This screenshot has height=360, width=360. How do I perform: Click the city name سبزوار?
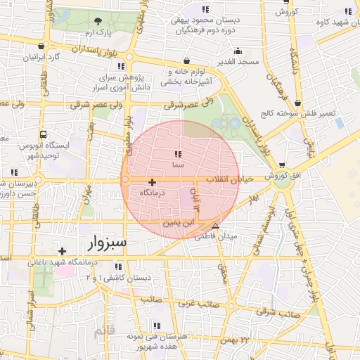[108, 243]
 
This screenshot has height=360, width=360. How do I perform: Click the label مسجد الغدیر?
[238, 62]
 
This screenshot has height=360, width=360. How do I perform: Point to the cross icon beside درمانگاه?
[152, 181]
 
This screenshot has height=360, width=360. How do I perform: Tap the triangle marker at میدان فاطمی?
[215, 226]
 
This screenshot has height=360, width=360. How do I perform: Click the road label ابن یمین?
[176, 222]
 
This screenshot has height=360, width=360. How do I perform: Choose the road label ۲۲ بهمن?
[235, 340]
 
